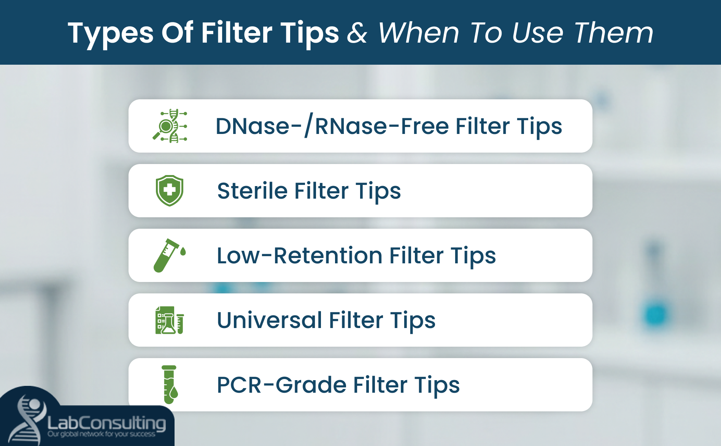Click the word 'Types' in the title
[x=110, y=33]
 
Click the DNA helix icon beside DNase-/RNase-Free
[x=170, y=126]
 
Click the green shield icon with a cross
[x=170, y=190]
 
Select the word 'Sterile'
[x=252, y=191]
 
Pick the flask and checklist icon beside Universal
[x=170, y=320]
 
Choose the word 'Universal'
[x=269, y=320]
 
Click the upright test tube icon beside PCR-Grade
[x=170, y=384]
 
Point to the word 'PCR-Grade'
[x=281, y=385]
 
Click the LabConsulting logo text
[x=106, y=423]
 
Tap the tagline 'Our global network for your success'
[x=101, y=434]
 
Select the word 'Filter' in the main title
[x=237, y=33]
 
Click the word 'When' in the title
[x=418, y=33]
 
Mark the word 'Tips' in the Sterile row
[x=378, y=191]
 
